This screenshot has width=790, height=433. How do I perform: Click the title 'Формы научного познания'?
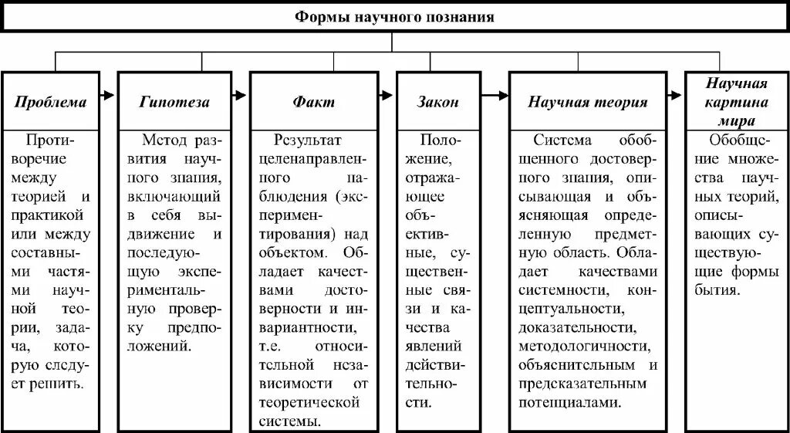click(x=394, y=16)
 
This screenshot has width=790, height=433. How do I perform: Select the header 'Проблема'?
click(x=51, y=102)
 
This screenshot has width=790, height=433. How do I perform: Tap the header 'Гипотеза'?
click(x=174, y=102)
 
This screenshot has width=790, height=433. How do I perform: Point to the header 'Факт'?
click(x=314, y=102)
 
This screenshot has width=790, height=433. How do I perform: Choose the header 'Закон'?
click(x=437, y=102)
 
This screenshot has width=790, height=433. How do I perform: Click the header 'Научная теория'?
click(x=588, y=102)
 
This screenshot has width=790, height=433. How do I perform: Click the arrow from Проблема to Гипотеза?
click(x=108, y=96)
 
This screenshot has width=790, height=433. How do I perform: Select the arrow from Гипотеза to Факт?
click(x=240, y=96)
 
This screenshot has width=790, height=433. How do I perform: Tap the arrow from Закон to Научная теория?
click(x=495, y=96)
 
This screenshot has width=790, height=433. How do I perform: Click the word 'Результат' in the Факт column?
click(x=308, y=140)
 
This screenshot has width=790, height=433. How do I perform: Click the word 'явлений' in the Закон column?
click(x=437, y=346)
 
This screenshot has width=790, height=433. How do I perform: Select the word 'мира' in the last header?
click(x=736, y=120)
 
